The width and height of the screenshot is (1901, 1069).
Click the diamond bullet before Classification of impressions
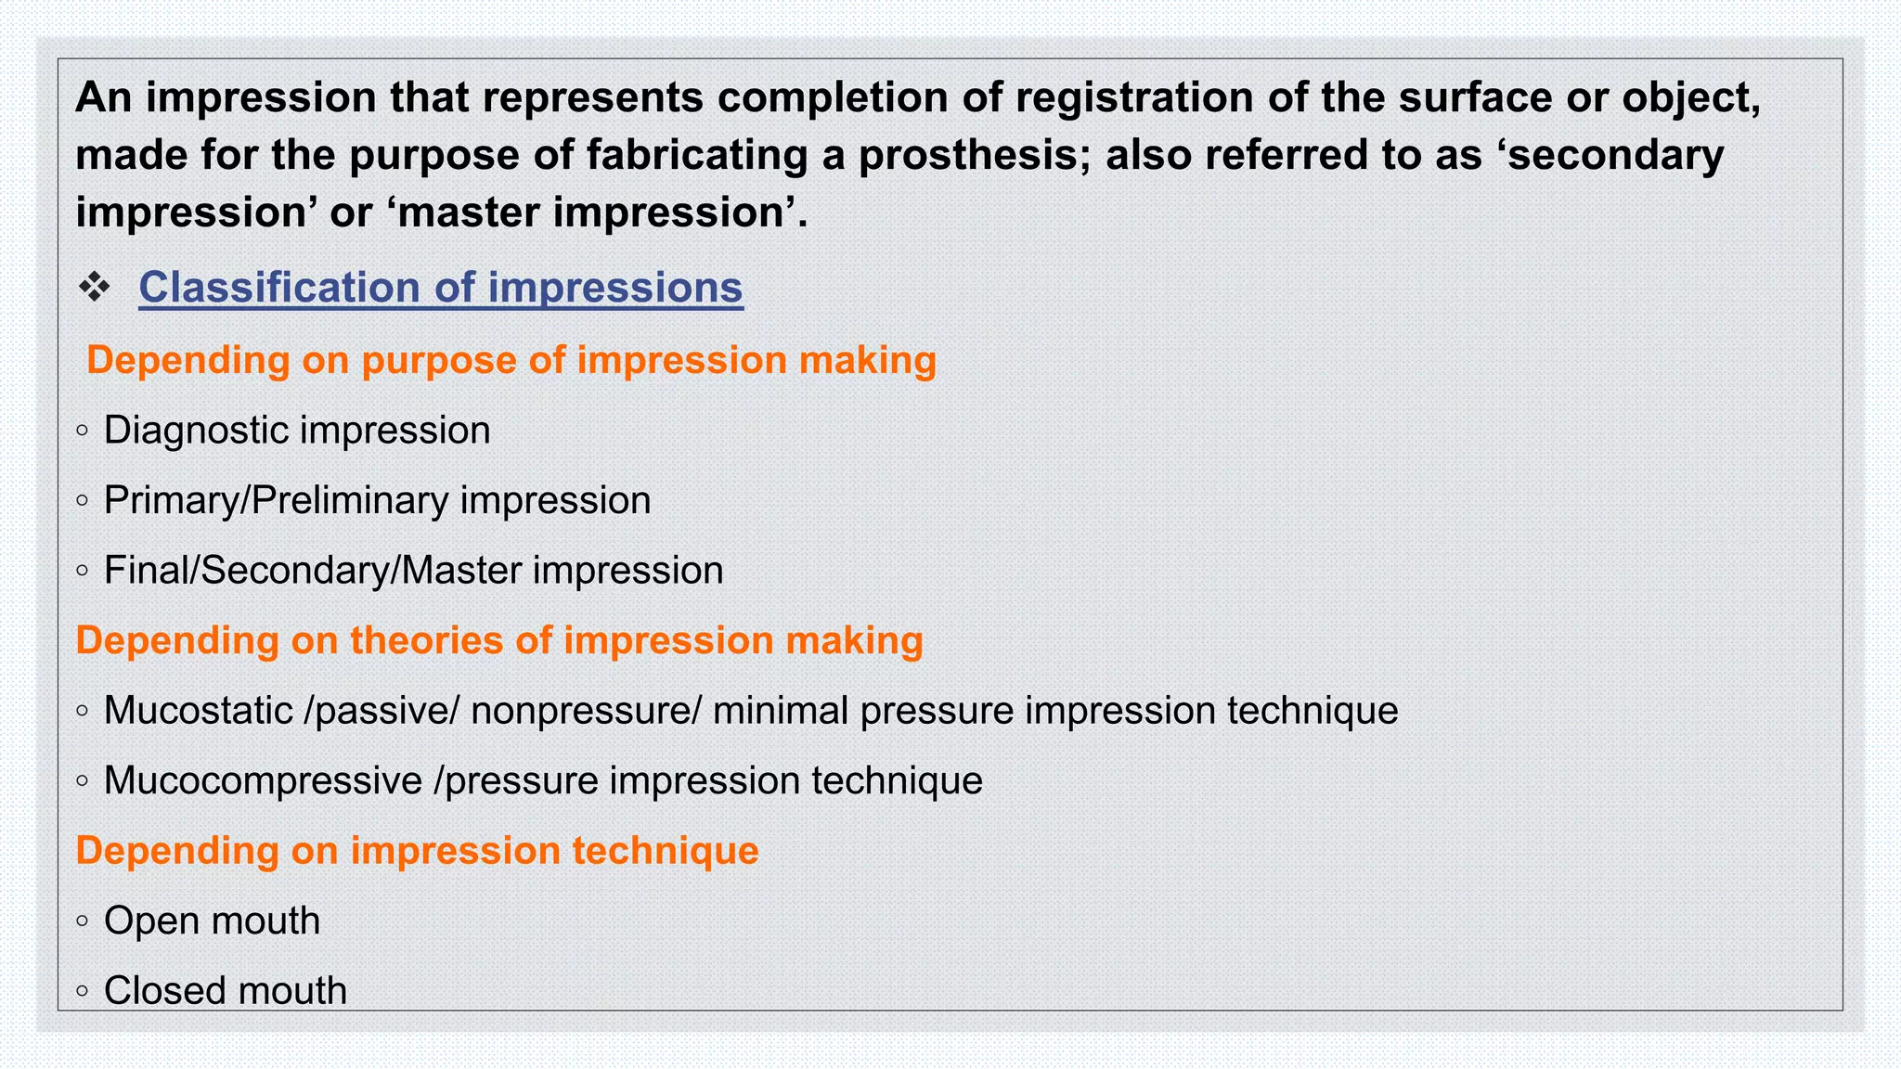click(94, 288)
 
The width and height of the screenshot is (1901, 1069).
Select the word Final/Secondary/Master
click(313, 571)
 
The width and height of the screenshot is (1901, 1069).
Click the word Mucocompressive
click(263, 781)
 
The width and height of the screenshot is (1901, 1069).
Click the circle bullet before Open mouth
click(83, 921)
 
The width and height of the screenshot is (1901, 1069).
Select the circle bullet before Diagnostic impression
click(83, 431)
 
